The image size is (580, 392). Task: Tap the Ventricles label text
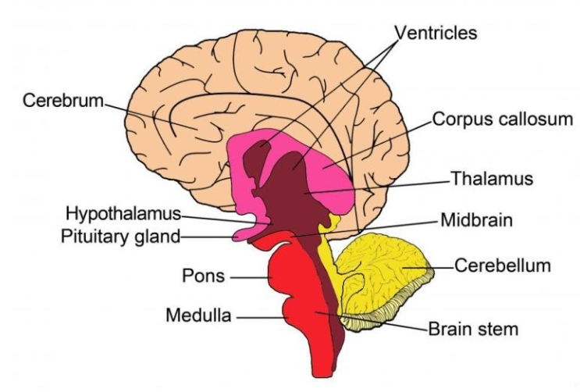436,33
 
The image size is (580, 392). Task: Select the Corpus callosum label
503,119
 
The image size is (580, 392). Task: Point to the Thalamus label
492,179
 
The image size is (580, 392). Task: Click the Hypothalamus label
123,213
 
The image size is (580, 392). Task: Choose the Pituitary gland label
121,236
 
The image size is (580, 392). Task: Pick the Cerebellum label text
503,265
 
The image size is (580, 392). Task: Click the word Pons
203,276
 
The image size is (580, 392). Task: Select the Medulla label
198,316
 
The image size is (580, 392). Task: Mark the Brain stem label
473,329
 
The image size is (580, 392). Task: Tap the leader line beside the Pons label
249,276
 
